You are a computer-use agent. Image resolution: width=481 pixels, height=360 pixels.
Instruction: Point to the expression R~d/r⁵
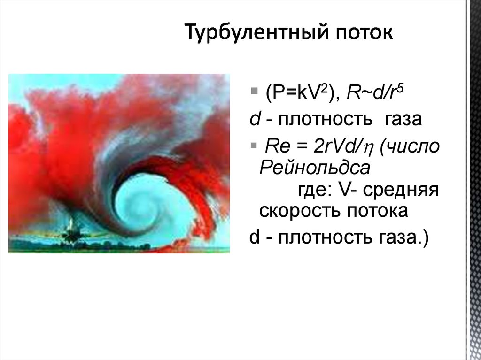[x=375, y=93]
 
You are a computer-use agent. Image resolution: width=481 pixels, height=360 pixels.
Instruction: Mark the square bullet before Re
[x=254, y=144]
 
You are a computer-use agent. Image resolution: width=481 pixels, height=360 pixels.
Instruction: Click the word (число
[x=410, y=147]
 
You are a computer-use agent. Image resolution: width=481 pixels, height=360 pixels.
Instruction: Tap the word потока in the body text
[x=377, y=211]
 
